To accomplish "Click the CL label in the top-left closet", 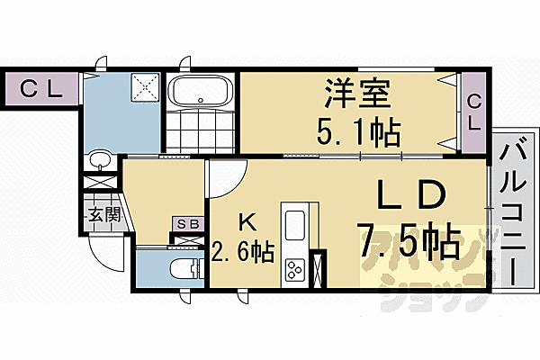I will pyautogui.click(x=37, y=89).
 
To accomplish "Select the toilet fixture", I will pyautogui.click(x=184, y=269).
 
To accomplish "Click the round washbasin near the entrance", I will pyautogui.click(x=99, y=163).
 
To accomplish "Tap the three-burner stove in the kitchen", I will pyautogui.click(x=295, y=269).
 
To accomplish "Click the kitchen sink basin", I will pyautogui.click(x=295, y=226).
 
